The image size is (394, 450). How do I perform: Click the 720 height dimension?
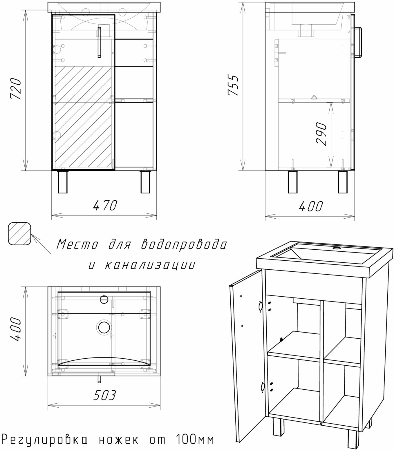[x=16, y=89]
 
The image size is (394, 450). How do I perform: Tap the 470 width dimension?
[x=105, y=206]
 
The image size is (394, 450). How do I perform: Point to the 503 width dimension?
[x=104, y=395]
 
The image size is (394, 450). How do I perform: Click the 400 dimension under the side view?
[x=310, y=206]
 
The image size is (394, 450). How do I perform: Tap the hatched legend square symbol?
[x=19, y=234]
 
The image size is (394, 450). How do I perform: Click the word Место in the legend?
[x=77, y=245]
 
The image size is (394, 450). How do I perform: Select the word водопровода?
[x=183, y=245]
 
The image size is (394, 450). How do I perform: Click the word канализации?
[x=149, y=265]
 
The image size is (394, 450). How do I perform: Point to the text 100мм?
[x=194, y=440]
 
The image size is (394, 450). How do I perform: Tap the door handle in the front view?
[x=99, y=42]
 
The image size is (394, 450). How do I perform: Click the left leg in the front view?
[x=63, y=182]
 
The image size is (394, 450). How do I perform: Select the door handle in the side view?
[x=359, y=42]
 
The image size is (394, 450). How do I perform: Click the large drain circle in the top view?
[x=104, y=327]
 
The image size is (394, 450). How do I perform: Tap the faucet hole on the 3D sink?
[x=337, y=248]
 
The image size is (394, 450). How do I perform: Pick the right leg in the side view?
[x=343, y=182]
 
